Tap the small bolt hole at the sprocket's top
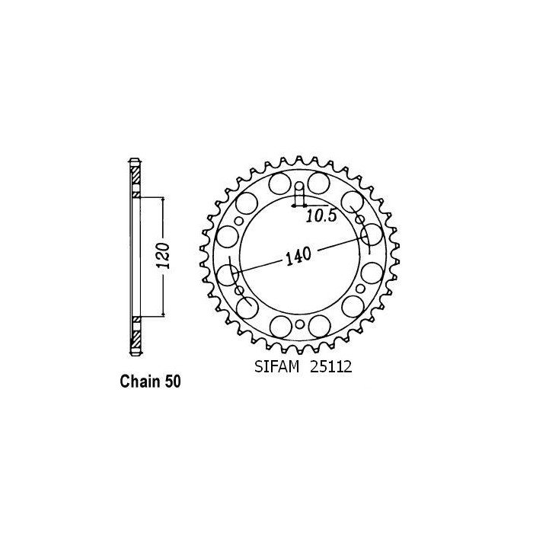[x=299, y=188]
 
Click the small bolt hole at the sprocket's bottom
[x=300, y=324]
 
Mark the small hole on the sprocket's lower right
[x=359, y=291]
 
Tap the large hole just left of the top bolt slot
[x=279, y=184]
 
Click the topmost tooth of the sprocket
[x=299, y=160]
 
